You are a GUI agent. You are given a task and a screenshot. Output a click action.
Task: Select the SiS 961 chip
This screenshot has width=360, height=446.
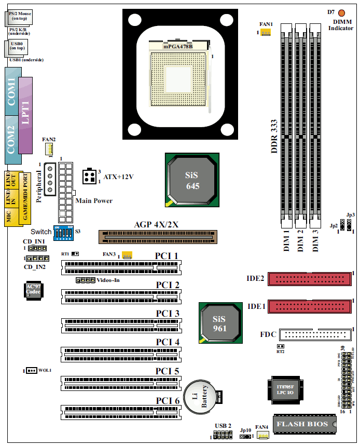coord(220,321)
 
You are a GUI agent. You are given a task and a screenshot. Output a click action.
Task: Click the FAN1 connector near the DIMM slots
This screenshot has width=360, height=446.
coord(266,33)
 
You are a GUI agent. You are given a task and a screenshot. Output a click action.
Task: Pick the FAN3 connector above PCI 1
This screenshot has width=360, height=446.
coord(127,255)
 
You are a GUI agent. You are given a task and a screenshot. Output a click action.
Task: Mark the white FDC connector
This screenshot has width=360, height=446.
coord(315,334)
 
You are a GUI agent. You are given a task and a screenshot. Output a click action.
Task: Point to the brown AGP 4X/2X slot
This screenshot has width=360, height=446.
coord(158,237)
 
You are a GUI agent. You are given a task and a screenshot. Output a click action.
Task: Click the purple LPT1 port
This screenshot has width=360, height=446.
coord(25,115)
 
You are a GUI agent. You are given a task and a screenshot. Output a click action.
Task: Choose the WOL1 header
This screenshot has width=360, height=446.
coord(31,370)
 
